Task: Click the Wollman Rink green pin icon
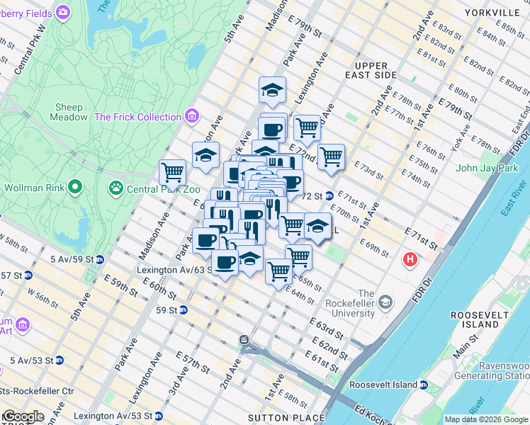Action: (x=75, y=188)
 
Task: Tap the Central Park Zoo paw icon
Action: (x=115, y=188)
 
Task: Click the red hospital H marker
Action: (x=410, y=261)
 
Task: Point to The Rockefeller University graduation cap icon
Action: (x=385, y=303)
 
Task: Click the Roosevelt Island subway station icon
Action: (x=423, y=385)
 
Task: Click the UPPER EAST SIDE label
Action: (x=371, y=70)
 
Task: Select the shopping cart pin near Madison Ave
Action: (x=172, y=171)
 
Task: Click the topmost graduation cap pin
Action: (x=272, y=90)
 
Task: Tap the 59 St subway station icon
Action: (x=183, y=310)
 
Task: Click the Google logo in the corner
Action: (x=23, y=416)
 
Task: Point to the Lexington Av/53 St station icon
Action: (x=158, y=415)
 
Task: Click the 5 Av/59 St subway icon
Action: (x=100, y=259)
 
